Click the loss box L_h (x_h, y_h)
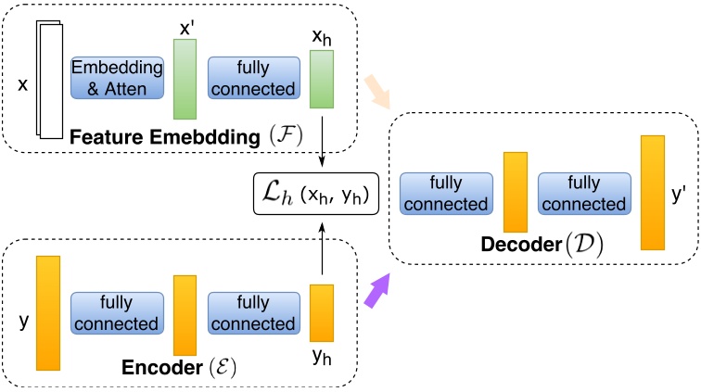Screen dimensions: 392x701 (x=316, y=194)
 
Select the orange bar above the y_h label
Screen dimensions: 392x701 (x=321, y=313)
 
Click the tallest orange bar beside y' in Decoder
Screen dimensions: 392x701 (x=653, y=193)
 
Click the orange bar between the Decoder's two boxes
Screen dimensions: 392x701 (x=515, y=193)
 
